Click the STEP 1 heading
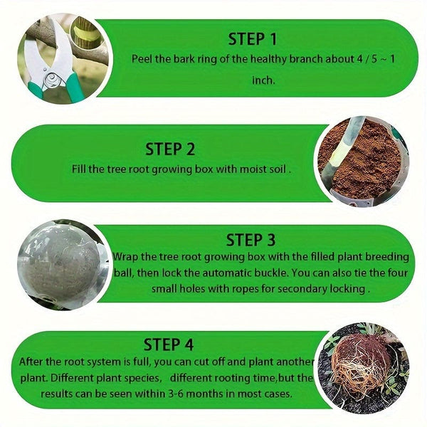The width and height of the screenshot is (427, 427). [253, 38]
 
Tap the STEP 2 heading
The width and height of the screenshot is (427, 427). [170, 149]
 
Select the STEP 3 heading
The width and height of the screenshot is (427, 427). [251, 239]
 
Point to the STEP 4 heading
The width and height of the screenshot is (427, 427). [169, 344]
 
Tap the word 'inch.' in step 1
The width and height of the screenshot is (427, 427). [263, 80]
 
